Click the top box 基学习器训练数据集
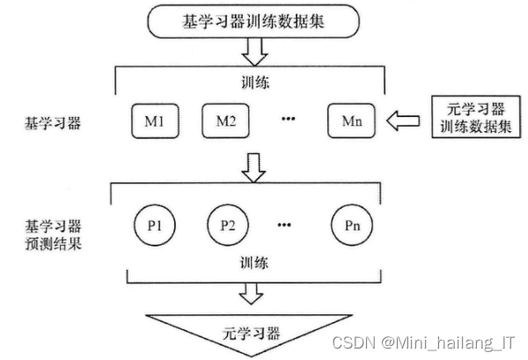click(253, 21)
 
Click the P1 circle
click(155, 224)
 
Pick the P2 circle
click(227, 224)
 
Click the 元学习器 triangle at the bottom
click(253, 333)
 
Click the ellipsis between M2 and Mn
click(286, 120)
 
